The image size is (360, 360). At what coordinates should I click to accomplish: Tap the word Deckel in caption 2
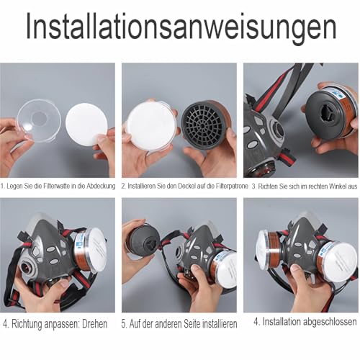(176, 185)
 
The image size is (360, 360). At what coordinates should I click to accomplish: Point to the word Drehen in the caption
(93, 323)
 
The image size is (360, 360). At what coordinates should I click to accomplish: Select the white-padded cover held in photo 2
(150, 126)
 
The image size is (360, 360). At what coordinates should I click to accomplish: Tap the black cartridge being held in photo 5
(140, 238)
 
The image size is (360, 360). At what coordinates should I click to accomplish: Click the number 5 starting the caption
(124, 324)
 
